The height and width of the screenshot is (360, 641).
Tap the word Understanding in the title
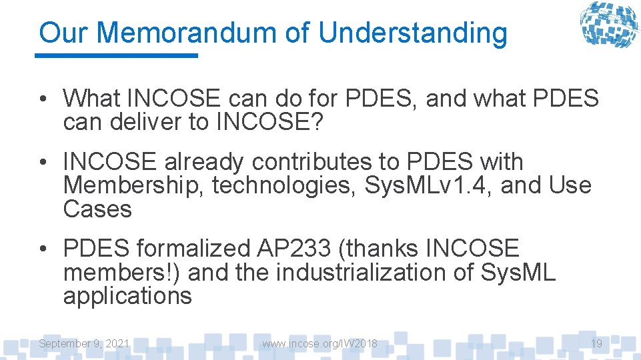412,33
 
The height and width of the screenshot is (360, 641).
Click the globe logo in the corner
608,25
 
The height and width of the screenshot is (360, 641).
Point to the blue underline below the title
117,55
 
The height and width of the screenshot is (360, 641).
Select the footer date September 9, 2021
84,343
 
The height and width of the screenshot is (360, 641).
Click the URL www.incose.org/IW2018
319,343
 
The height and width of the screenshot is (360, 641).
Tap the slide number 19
596,343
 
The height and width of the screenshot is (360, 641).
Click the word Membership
133,185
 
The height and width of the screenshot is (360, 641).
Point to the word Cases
97,209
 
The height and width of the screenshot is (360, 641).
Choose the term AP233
293,248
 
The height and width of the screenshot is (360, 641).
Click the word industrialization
374,272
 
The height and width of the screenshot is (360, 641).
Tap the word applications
127,296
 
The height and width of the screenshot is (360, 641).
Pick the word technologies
284,185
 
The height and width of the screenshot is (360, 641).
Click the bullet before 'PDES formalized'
43,249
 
